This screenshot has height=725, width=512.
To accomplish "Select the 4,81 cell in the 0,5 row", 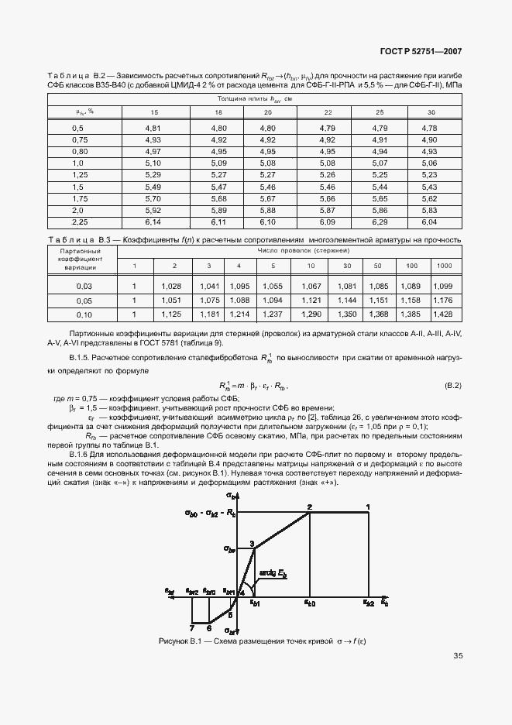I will pos(153,127).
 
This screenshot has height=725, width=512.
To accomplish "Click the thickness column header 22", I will pos(328,112).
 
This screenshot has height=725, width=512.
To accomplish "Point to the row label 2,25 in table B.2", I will pos(78,222).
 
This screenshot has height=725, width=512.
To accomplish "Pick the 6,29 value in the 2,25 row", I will pos(379,222).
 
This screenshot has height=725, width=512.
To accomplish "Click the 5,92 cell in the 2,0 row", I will pos(153,211).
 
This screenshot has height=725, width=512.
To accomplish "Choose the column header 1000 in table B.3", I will pos(444,266).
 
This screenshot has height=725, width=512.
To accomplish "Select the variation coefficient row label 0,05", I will pos(84,301).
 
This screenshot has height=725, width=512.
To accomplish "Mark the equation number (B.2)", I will pos(452,385).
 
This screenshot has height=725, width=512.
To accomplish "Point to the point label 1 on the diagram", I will pos(368,507).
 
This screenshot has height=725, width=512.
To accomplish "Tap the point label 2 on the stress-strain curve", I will pos(309,507).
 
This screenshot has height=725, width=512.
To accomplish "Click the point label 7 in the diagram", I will pos(191,628).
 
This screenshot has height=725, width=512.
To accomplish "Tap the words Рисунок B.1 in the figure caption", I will pos(179,641).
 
